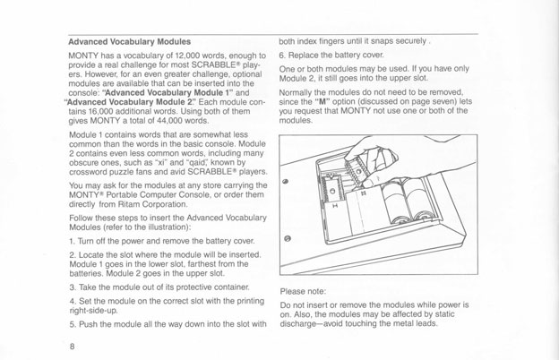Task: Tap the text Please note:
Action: point(305,292)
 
